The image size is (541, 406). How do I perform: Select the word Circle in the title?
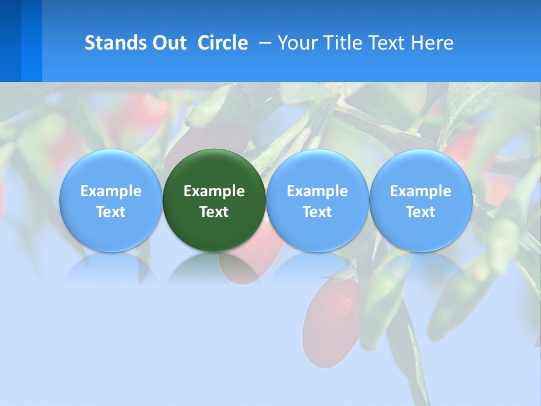coord(223,43)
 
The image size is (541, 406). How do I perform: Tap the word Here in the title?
coord(432,43)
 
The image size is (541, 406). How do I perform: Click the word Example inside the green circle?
coord(214,191)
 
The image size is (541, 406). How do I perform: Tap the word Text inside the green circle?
coord(214,212)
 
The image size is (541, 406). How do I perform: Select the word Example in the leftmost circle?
coord(110,191)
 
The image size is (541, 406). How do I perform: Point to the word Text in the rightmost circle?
coord(420,212)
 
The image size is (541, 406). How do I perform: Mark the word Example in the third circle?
coord(317,191)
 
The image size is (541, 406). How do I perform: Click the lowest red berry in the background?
coord(332,321)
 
